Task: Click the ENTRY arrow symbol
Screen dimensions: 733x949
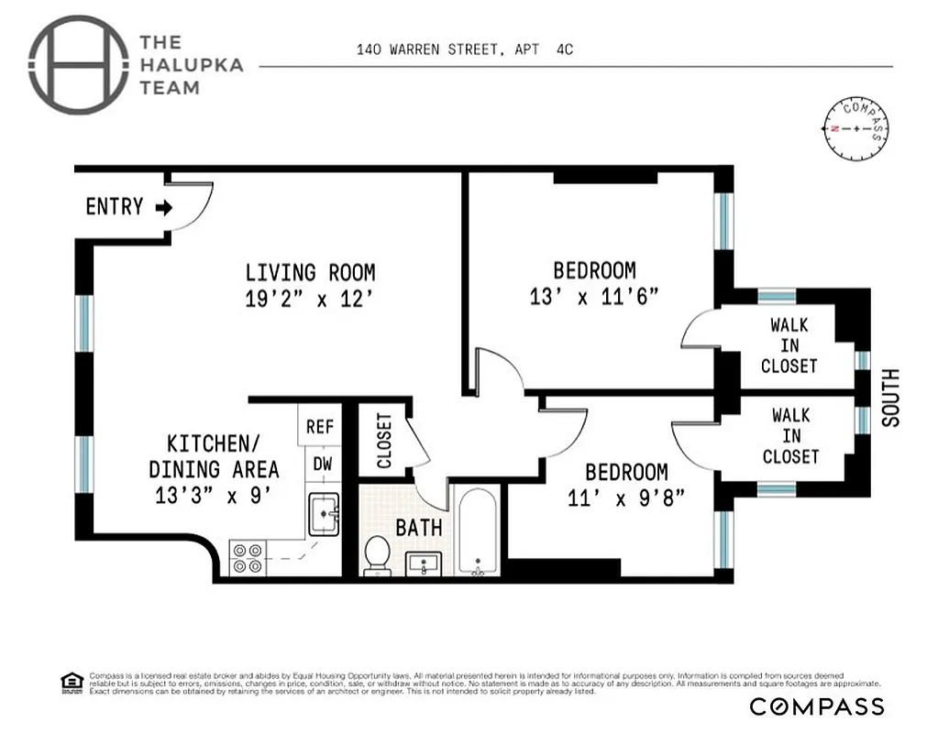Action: point(163,208)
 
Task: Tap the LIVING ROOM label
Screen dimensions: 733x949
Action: point(310,272)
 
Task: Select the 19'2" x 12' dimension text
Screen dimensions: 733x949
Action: point(310,299)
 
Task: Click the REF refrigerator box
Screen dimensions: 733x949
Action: point(320,427)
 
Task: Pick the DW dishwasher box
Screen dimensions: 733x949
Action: point(322,464)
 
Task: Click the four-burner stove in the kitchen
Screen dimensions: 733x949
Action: point(248,558)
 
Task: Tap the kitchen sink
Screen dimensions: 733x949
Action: point(323,513)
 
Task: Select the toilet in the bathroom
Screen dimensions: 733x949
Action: point(377,555)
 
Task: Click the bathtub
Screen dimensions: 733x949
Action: point(476,531)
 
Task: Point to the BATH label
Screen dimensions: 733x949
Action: point(419,528)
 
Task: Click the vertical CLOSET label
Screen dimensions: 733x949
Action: point(383,441)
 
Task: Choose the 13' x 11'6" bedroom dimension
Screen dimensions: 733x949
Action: point(594,297)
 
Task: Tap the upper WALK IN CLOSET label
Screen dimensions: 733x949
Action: point(789,345)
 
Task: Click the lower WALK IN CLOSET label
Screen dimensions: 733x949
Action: point(790,436)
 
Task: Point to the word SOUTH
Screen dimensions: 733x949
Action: point(890,398)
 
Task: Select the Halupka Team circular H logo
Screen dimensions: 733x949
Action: point(78,65)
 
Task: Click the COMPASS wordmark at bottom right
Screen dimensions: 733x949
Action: point(817,706)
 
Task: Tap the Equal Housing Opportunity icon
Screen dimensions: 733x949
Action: point(72,682)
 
